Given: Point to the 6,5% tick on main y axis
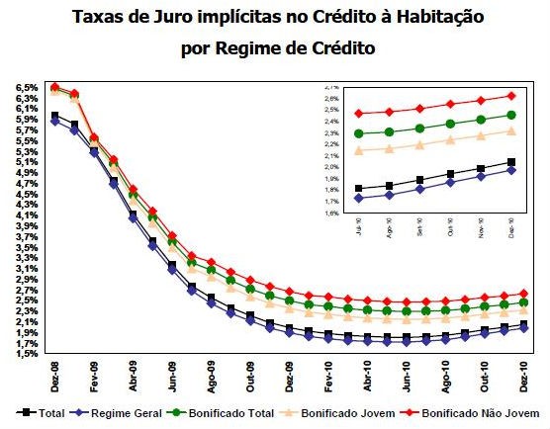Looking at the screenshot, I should pyautogui.click(x=28, y=88).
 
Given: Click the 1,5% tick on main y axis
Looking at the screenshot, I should pyautogui.click(x=28, y=353).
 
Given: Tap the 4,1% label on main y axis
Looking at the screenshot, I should pyautogui.click(x=28, y=215).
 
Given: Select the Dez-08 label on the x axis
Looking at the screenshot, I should pyautogui.click(x=54, y=376).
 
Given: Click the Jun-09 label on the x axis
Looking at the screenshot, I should pyautogui.click(x=171, y=376).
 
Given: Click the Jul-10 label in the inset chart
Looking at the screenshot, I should pyautogui.click(x=357, y=228).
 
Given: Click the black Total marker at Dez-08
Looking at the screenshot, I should pyautogui.click(x=55, y=117).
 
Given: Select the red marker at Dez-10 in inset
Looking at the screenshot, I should pyautogui.click(x=510, y=96).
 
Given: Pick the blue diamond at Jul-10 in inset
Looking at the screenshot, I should pyautogui.click(x=358, y=198).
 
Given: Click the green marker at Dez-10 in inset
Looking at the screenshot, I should pyautogui.click(x=510, y=115).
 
